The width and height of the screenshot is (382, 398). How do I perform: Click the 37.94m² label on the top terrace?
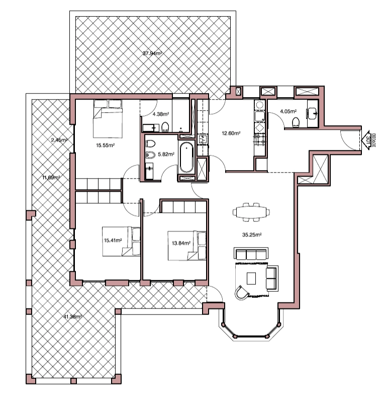(x=152, y=53)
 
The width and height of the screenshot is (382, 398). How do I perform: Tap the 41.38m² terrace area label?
(x=73, y=316)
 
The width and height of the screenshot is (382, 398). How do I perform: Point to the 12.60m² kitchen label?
(x=231, y=133)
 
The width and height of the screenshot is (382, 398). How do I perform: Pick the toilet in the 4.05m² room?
(x=296, y=121)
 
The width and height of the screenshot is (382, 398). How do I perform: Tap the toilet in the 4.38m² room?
(x=166, y=126)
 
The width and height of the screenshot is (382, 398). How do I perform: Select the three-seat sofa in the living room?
(x=251, y=254)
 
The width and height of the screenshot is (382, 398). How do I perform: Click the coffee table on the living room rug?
(x=251, y=278)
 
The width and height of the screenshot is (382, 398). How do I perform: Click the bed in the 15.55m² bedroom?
(x=108, y=121)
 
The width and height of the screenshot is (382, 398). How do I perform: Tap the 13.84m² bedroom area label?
(x=180, y=243)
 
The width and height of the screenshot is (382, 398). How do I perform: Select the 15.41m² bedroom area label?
(x=113, y=241)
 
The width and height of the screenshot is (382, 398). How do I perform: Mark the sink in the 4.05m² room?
(x=313, y=113)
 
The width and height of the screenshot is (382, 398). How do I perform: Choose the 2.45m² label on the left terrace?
(x=59, y=140)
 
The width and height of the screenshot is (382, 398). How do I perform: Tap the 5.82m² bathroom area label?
(x=166, y=154)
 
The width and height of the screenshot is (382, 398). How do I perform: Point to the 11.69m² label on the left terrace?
(x=52, y=177)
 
